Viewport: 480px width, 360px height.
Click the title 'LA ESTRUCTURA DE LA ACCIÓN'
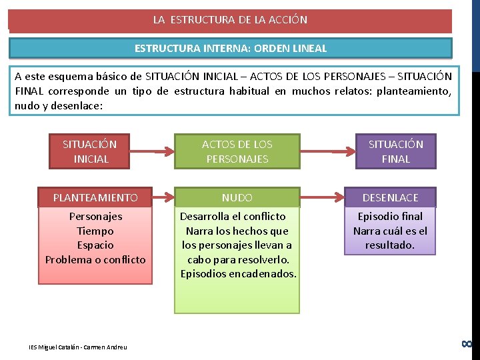click(230, 20)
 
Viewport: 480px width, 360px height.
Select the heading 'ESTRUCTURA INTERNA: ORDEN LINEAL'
click(230, 49)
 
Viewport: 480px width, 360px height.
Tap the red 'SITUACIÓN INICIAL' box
click(89, 151)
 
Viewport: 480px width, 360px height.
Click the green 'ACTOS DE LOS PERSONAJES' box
click(237, 151)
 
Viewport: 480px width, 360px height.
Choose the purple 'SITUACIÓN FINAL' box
click(395, 151)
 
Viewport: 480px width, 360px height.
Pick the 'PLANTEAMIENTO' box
click(95, 197)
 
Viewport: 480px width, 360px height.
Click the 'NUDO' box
click(237, 197)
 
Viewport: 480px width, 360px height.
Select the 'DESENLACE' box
click(390, 197)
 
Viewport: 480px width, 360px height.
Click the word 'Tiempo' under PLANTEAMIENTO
click(95, 231)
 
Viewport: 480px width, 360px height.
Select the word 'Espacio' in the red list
click(95, 245)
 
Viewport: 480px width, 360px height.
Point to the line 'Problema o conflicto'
click(95, 259)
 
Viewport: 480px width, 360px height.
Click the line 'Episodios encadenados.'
click(238, 274)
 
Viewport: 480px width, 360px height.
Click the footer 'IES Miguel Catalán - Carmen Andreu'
click(77, 347)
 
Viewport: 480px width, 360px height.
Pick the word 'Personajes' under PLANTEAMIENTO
click(95, 216)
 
